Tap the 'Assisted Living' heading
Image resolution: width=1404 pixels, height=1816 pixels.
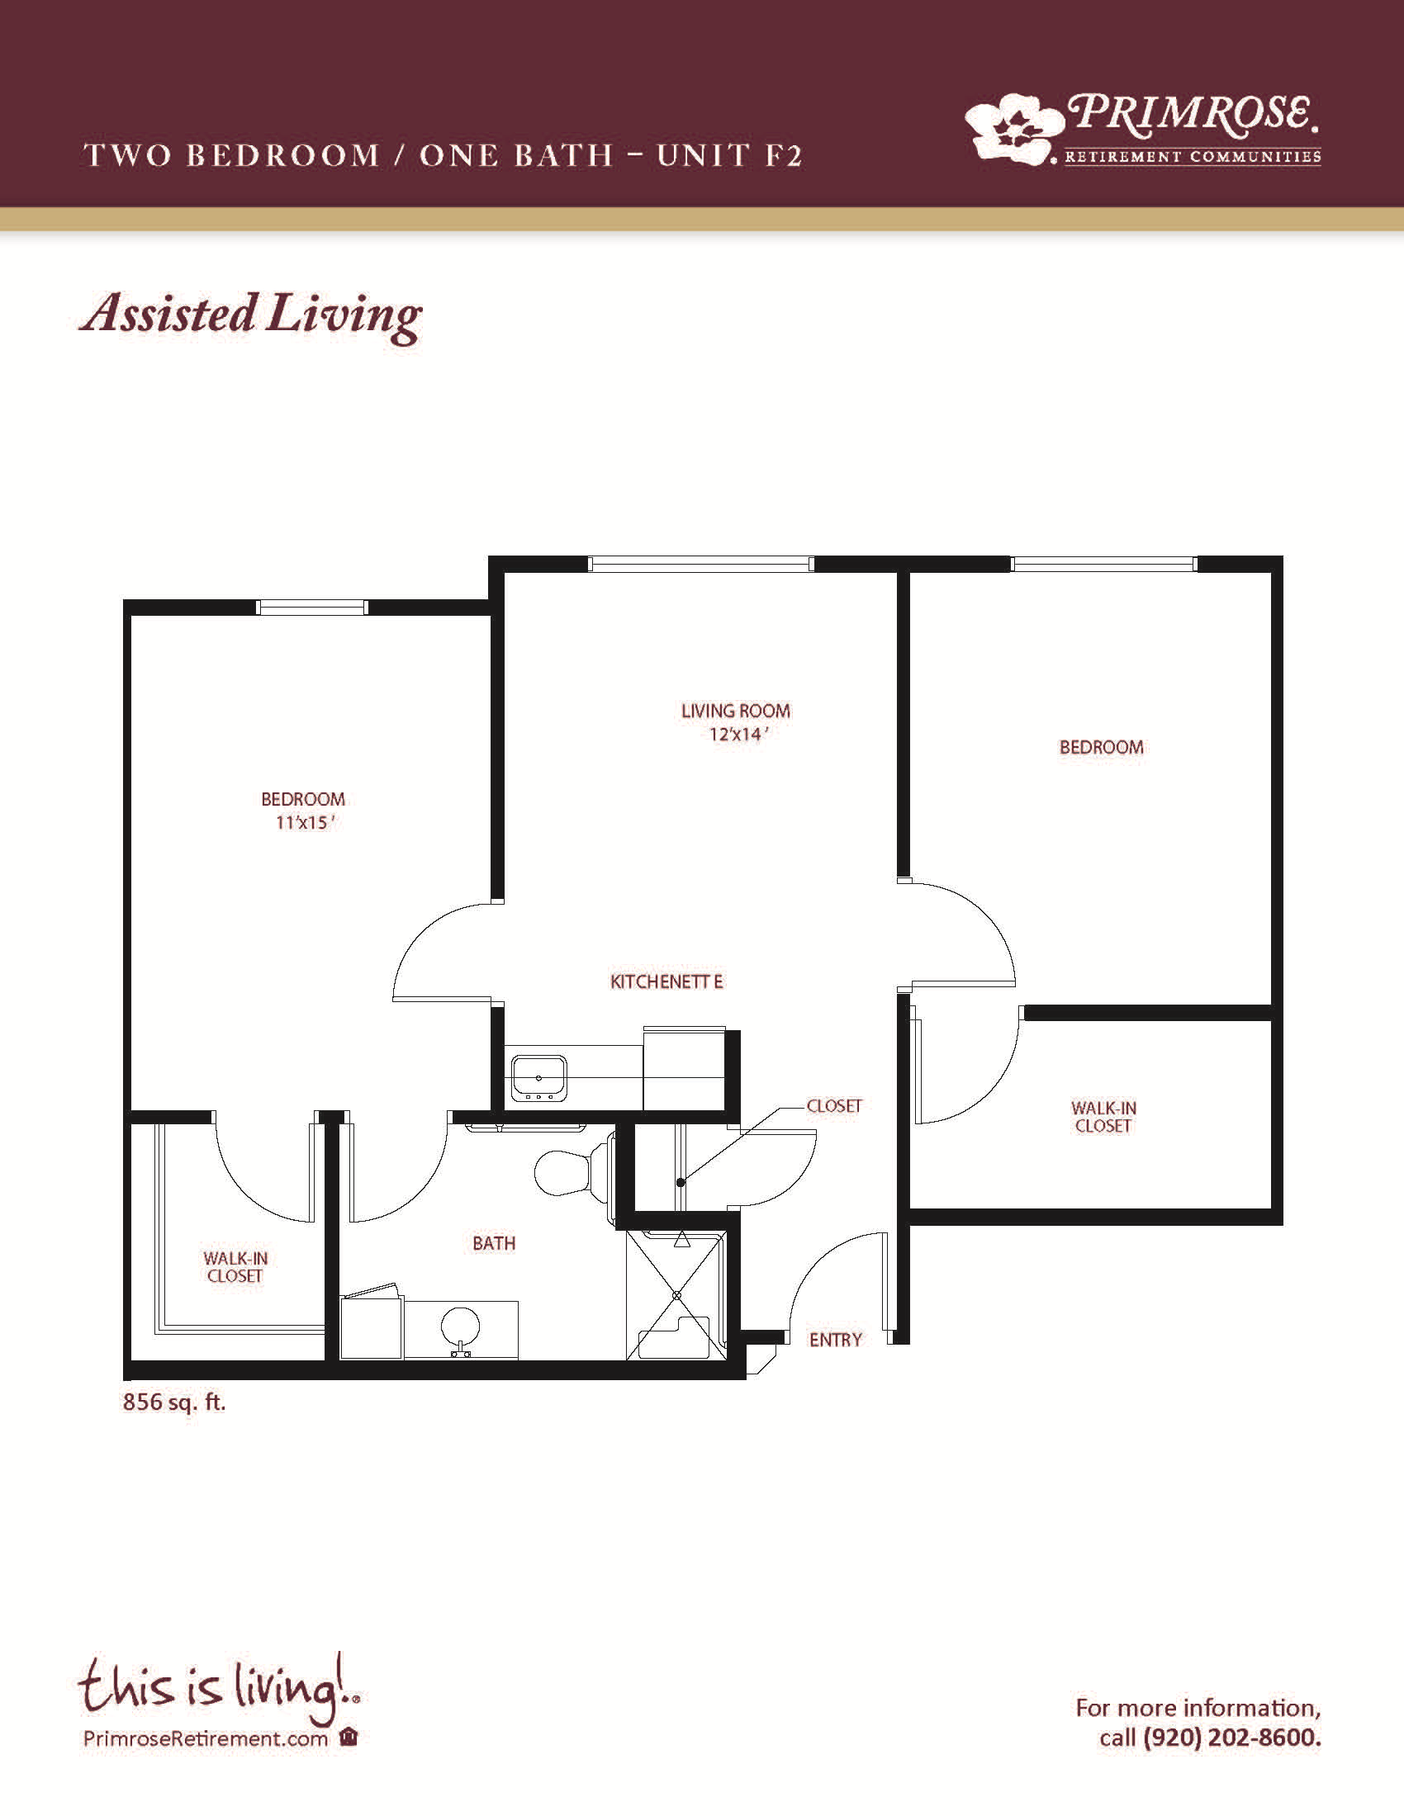(x=250, y=315)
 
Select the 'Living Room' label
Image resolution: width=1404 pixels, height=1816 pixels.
(x=735, y=711)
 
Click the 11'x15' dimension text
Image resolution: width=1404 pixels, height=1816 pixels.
(x=305, y=822)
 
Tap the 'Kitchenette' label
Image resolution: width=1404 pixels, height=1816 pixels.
(x=666, y=982)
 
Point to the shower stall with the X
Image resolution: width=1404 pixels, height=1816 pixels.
(x=676, y=1294)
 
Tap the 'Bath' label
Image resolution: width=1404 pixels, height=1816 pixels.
(x=494, y=1243)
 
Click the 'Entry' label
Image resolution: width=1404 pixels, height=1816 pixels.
(x=835, y=1340)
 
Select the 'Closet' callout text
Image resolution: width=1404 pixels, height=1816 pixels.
(x=834, y=1106)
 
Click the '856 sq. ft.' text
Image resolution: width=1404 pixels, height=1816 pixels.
(x=173, y=1402)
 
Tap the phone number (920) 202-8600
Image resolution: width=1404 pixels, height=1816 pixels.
(x=1231, y=1738)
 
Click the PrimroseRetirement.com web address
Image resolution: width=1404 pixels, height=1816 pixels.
(x=206, y=1738)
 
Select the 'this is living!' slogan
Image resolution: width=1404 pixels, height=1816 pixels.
(x=219, y=1690)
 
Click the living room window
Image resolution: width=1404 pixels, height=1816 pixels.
(x=700, y=564)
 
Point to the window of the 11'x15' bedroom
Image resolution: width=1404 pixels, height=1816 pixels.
(x=311, y=607)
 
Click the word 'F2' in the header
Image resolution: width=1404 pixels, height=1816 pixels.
(x=783, y=155)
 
